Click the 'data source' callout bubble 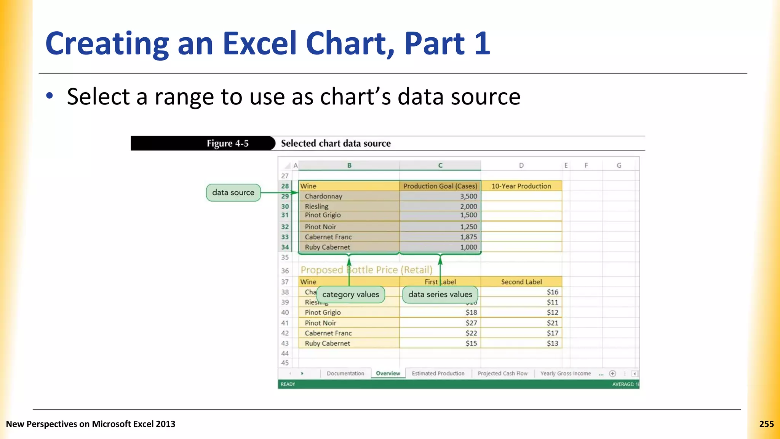(233, 192)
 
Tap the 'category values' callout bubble (350, 295)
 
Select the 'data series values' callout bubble (440, 295)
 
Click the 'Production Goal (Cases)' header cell (440, 186)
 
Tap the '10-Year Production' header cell (521, 186)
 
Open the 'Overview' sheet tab (388, 373)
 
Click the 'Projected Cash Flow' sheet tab (502, 373)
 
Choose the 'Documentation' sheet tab (345, 373)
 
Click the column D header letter (521, 165)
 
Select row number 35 (285, 257)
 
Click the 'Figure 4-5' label (227, 143)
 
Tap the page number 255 (766, 424)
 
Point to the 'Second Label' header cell (521, 282)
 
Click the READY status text (288, 384)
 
